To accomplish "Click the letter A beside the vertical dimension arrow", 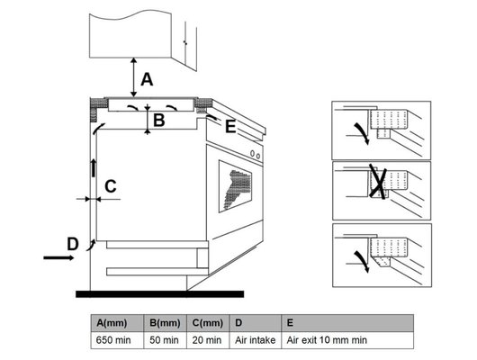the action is (x=147, y=80).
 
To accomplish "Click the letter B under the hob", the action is (x=158, y=120).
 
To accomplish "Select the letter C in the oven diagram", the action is (x=111, y=186).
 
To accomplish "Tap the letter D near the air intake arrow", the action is (x=73, y=244).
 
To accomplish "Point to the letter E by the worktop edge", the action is (x=230, y=127).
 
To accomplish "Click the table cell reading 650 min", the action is (x=117, y=340).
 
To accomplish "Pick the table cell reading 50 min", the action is (x=165, y=340).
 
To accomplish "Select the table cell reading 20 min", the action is (x=208, y=340).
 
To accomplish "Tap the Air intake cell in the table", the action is (x=256, y=340).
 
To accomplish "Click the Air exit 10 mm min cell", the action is (x=347, y=340).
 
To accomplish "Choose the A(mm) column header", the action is (x=117, y=323).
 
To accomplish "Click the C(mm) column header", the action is (x=208, y=323).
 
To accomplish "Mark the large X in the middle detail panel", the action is (x=378, y=182).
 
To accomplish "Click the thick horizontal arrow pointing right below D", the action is (x=58, y=258).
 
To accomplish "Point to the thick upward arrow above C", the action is (x=94, y=167).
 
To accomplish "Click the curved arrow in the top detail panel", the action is (x=362, y=133).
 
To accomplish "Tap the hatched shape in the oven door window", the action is (x=237, y=189).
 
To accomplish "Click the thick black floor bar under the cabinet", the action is (x=159, y=294).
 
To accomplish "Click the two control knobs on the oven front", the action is (x=256, y=155).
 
